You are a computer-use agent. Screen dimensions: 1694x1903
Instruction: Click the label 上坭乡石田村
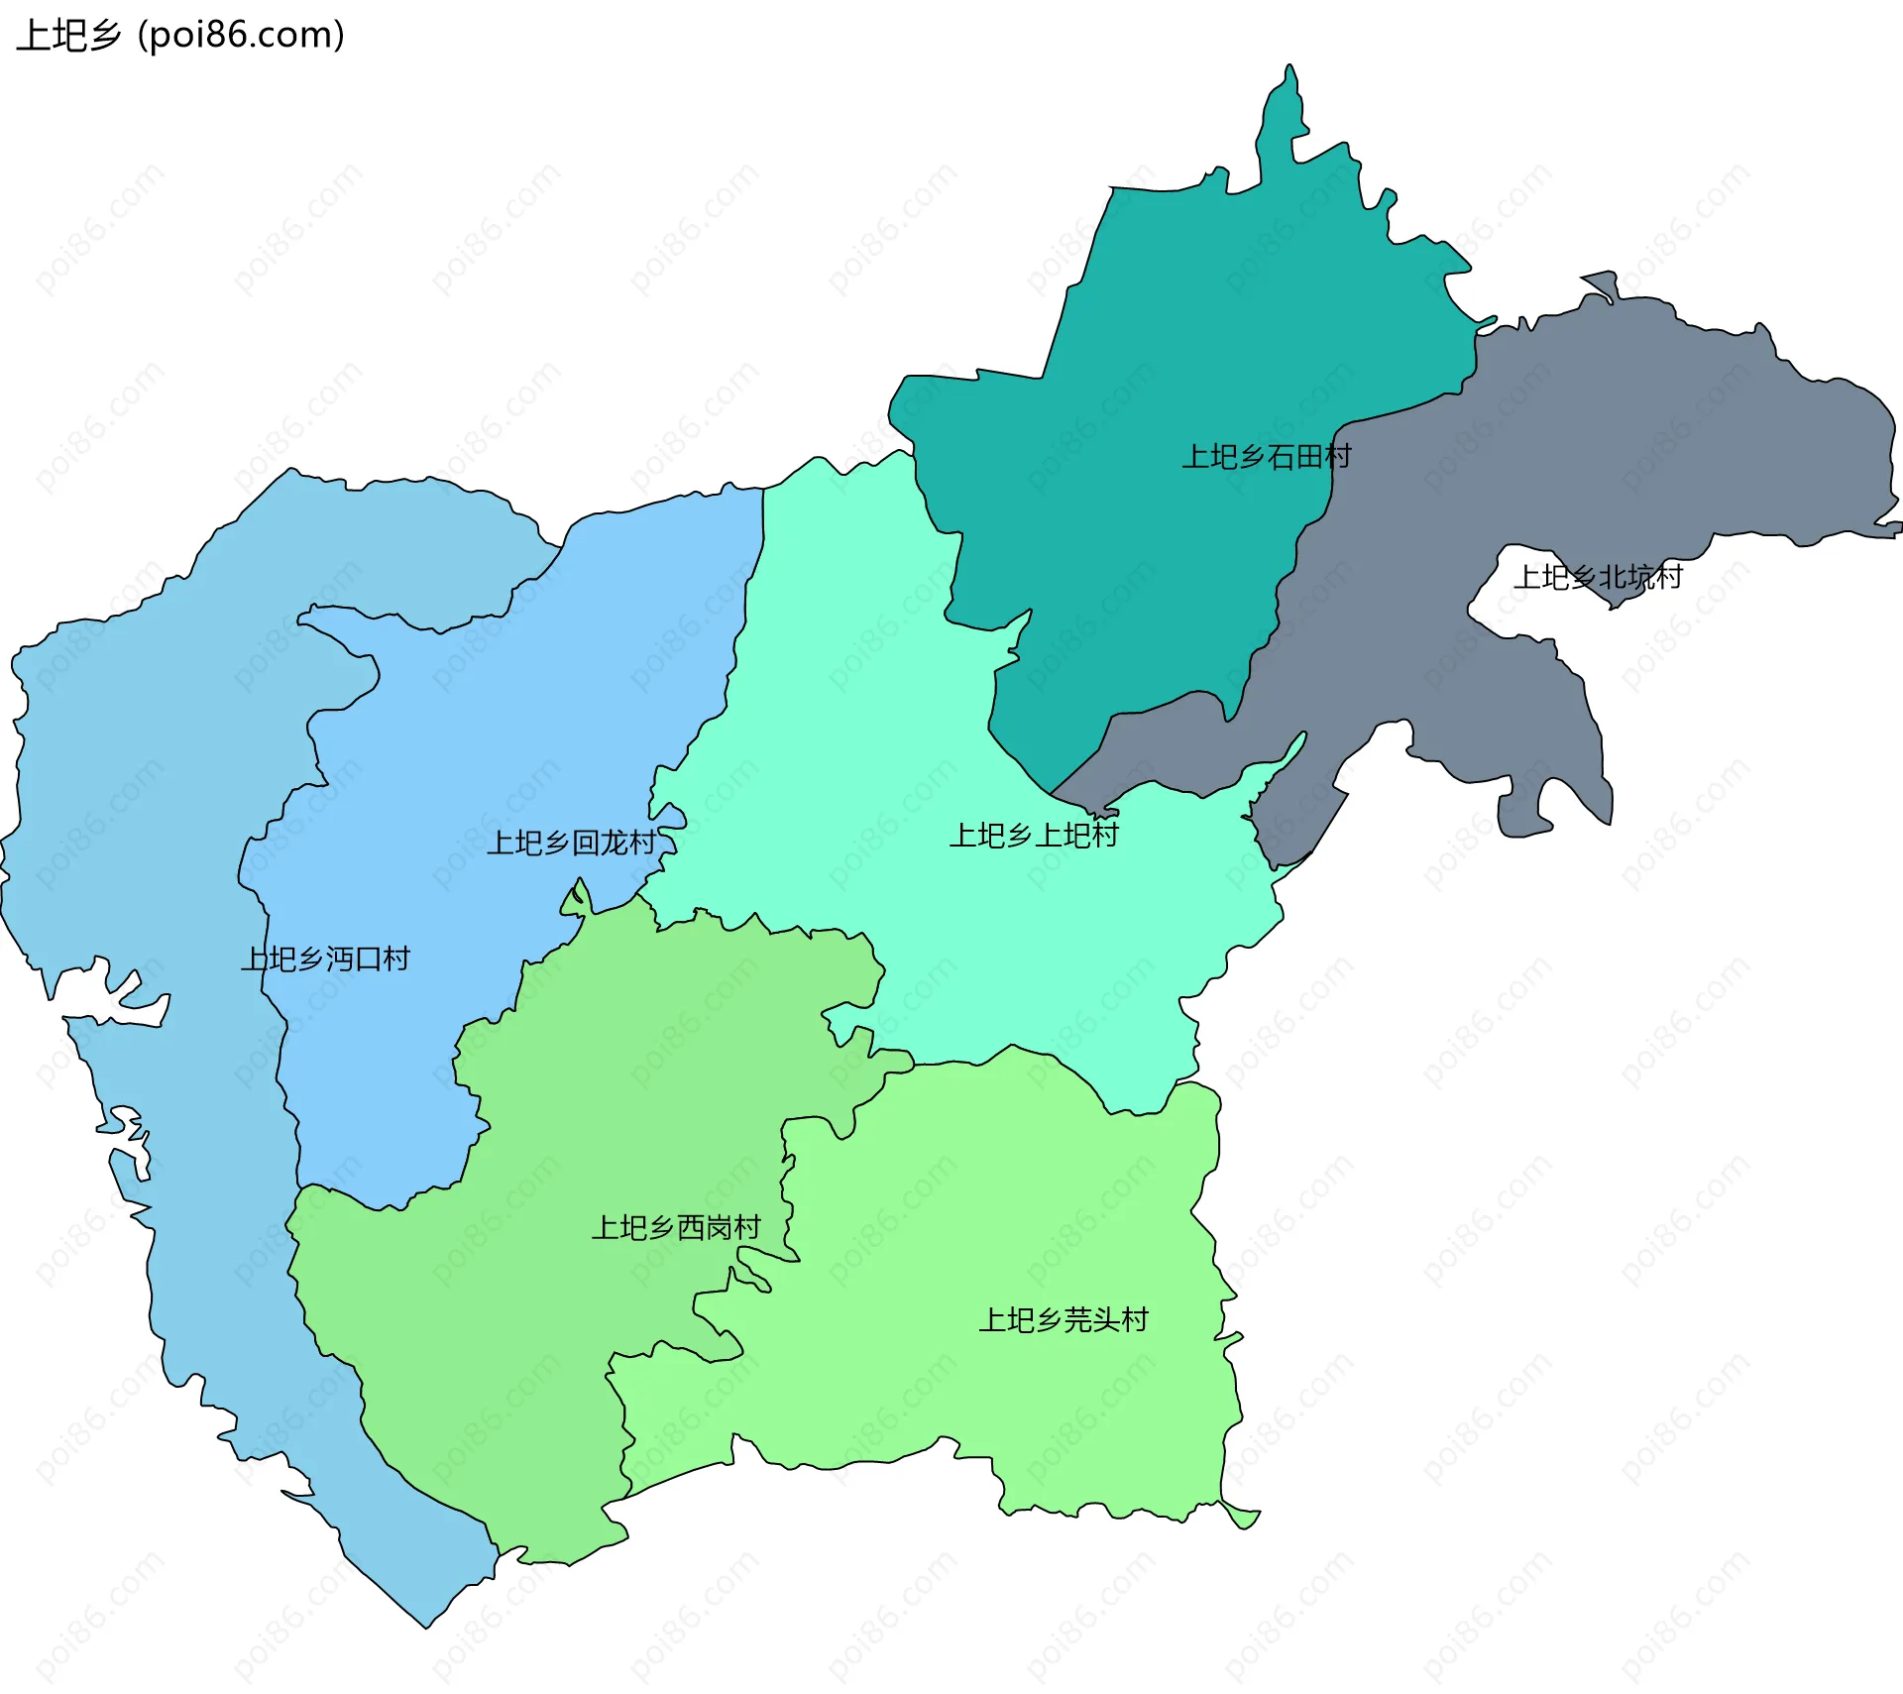tap(1266, 457)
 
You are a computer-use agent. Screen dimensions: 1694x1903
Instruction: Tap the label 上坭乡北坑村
tap(1598, 577)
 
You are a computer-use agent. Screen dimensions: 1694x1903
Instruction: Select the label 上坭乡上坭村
tap(1034, 836)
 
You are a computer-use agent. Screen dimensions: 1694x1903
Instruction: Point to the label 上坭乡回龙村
tap(571, 844)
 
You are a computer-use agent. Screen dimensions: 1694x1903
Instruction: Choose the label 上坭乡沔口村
tap(325, 960)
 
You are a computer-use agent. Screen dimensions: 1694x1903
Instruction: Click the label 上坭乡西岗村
tap(676, 1228)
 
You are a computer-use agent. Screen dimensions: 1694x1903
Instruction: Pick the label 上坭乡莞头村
tap(1063, 1320)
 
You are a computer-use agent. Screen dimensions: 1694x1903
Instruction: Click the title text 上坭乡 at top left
tap(67, 36)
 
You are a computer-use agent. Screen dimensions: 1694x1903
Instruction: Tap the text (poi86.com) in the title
tap(241, 36)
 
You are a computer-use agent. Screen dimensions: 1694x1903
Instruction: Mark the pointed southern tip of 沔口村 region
tap(427, 1623)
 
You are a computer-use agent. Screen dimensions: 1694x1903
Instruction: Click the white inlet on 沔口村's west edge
tap(109, 1001)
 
